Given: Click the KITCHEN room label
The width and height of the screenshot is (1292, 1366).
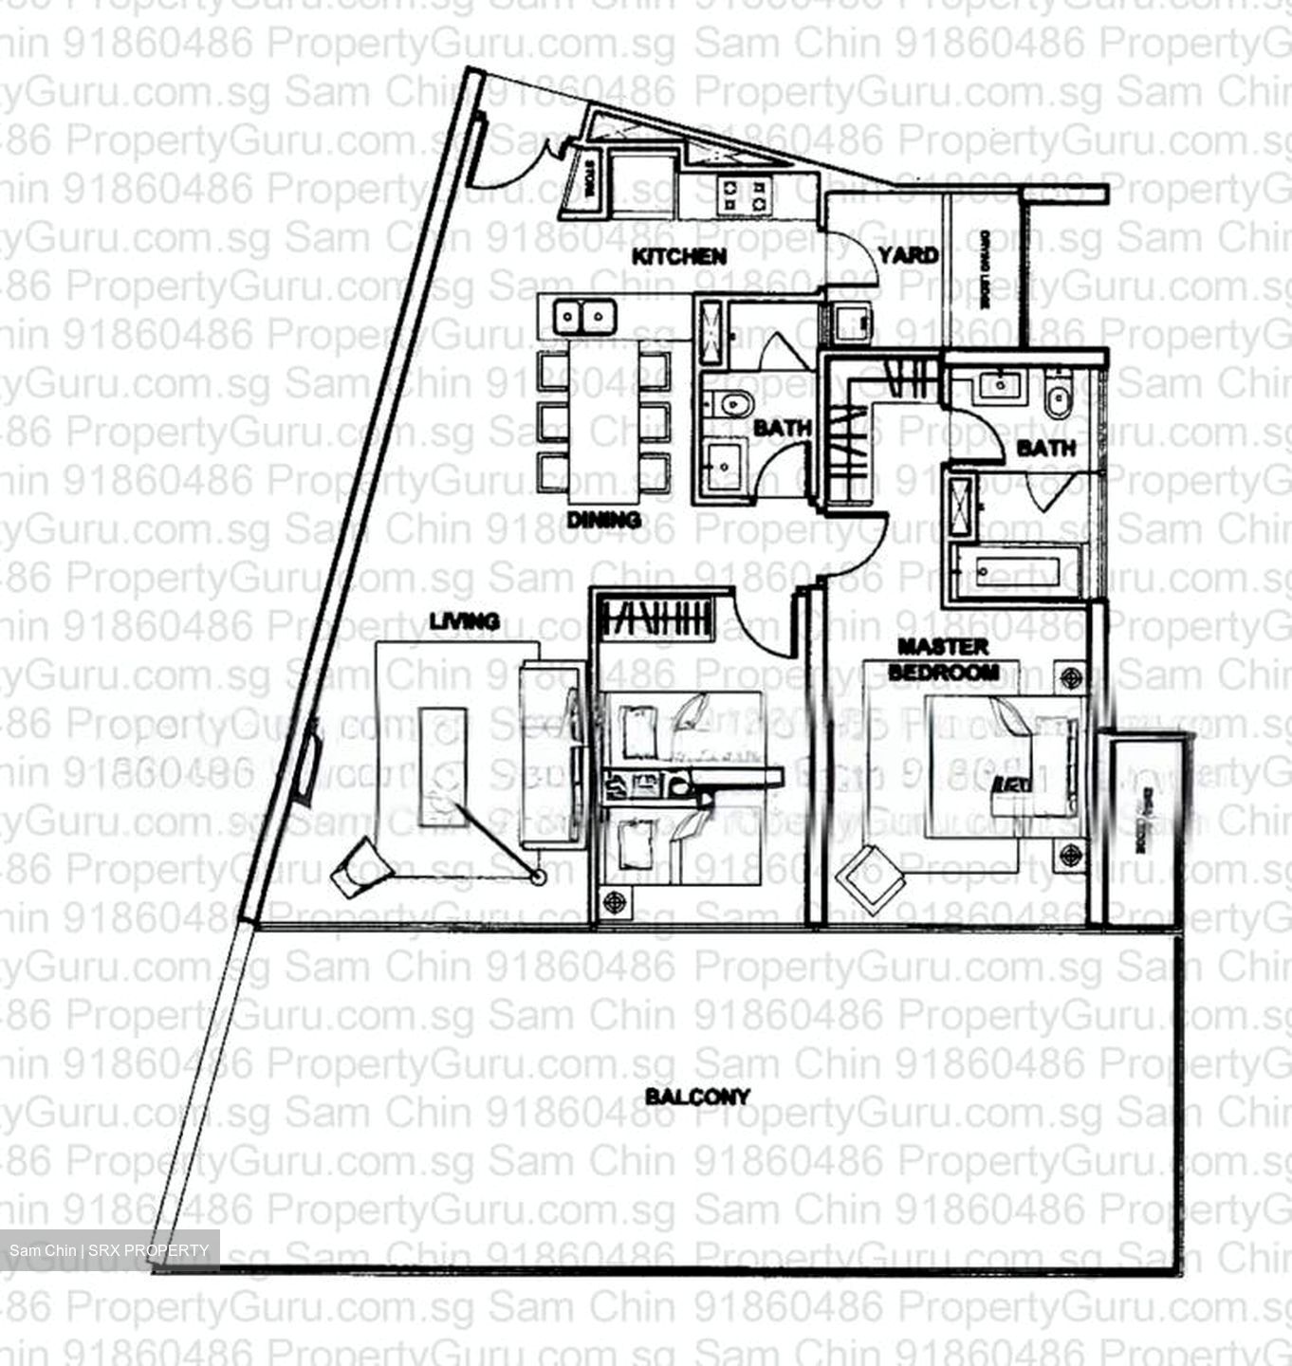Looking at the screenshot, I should (679, 256).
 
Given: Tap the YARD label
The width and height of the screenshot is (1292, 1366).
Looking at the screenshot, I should (908, 255).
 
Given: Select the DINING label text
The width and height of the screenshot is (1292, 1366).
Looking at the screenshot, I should (603, 520).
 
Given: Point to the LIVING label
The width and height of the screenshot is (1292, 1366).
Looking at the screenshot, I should (464, 621).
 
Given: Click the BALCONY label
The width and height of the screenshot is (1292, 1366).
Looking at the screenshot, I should (697, 1098).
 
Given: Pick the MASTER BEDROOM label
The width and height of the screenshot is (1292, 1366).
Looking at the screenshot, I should (943, 659).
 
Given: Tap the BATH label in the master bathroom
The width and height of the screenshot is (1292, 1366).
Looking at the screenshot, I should (1045, 448).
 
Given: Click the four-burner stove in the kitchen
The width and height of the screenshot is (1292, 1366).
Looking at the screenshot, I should (743, 195).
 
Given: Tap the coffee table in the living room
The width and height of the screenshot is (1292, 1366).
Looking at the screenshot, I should (443, 766).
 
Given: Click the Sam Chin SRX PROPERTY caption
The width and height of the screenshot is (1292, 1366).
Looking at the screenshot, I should (109, 1250).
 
